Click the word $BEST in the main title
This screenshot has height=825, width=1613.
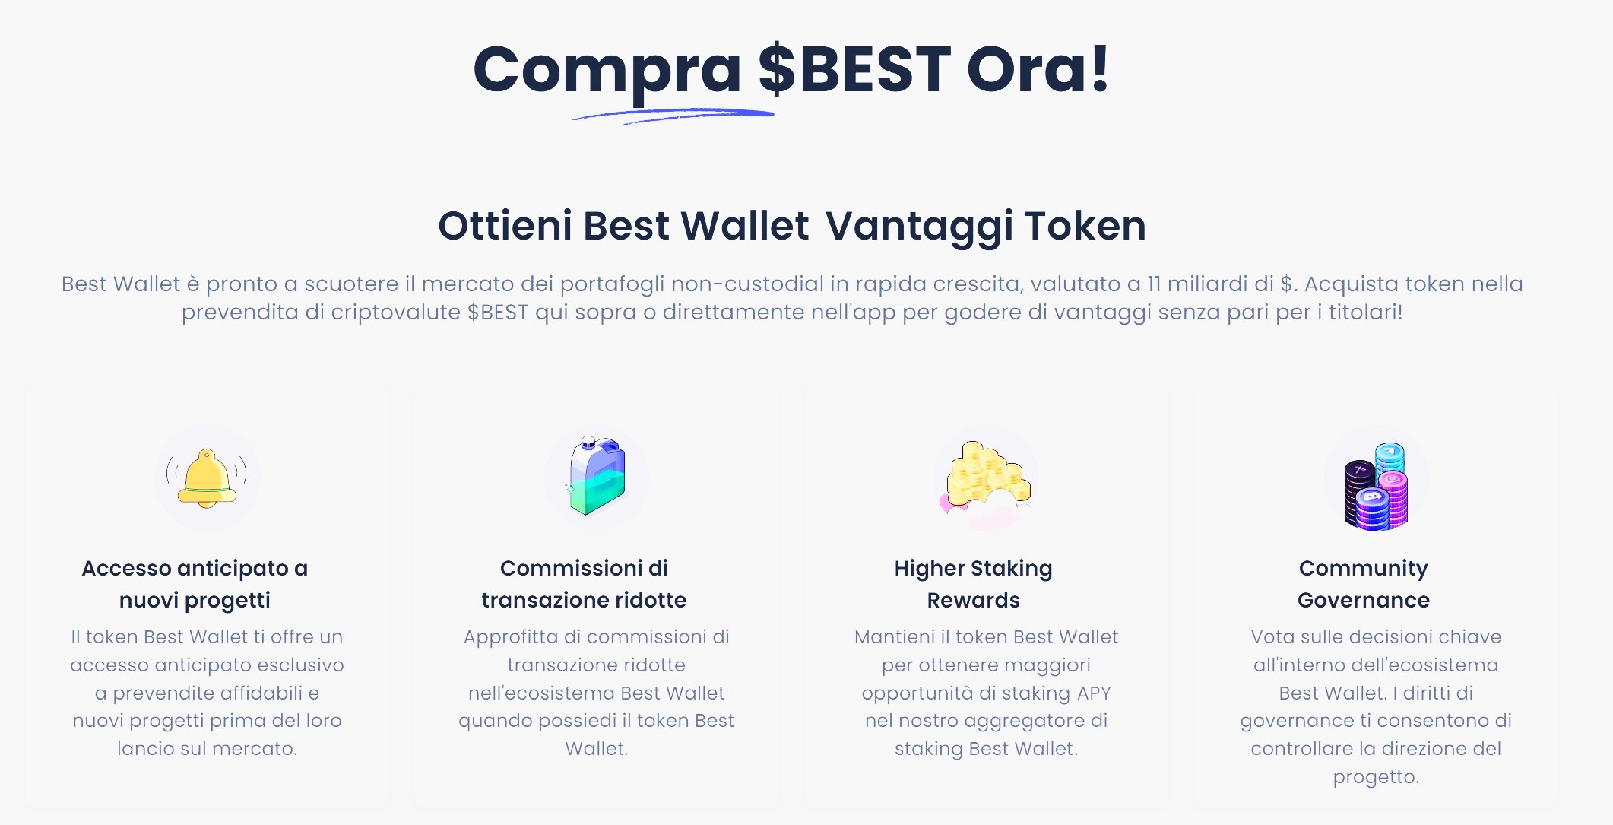click(854, 70)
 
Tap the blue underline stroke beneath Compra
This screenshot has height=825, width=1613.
click(673, 116)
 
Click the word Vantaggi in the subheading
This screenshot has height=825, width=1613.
click(919, 227)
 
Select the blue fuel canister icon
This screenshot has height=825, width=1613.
click(597, 475)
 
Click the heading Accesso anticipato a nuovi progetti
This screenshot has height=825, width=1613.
click(195, 584)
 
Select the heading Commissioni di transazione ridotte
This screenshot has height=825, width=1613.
click(584, 584)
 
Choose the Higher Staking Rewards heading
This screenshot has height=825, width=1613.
click(973, 584)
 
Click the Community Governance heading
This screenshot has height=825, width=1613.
click(1364, 584)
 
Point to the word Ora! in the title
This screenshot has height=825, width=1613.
click(1038, 70)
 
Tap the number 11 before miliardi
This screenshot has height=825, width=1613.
click(1154, 284)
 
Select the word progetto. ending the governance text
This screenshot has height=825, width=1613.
click(1376, 777)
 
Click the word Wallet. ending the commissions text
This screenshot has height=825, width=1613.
click(597, 749)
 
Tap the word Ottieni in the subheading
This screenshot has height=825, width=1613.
click(505, 227)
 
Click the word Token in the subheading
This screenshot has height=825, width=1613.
click(1085, 227)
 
